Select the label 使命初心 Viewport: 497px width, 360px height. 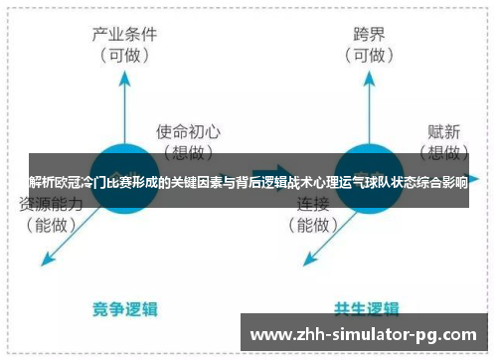[189, 130]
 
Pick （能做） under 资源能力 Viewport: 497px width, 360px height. [53, 226]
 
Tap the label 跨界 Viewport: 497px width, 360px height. [368, 33]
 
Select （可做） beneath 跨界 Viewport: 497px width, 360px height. [368, 55]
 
